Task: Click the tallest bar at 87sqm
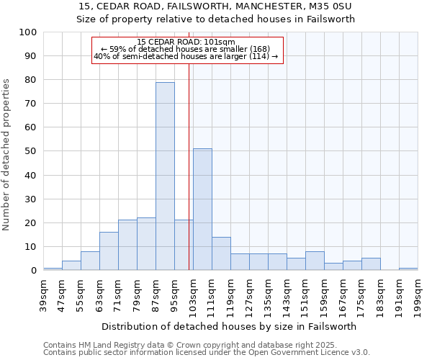(165, 176)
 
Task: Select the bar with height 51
(202, 210)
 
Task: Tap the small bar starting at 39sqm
(53, 269)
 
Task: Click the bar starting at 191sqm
(408, 269)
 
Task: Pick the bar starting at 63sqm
(109, 251)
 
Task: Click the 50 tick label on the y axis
(32, 152)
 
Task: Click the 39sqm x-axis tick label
(43, 292)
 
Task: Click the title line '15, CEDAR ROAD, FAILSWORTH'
(216, 6)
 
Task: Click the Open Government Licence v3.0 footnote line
(207, 353)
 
